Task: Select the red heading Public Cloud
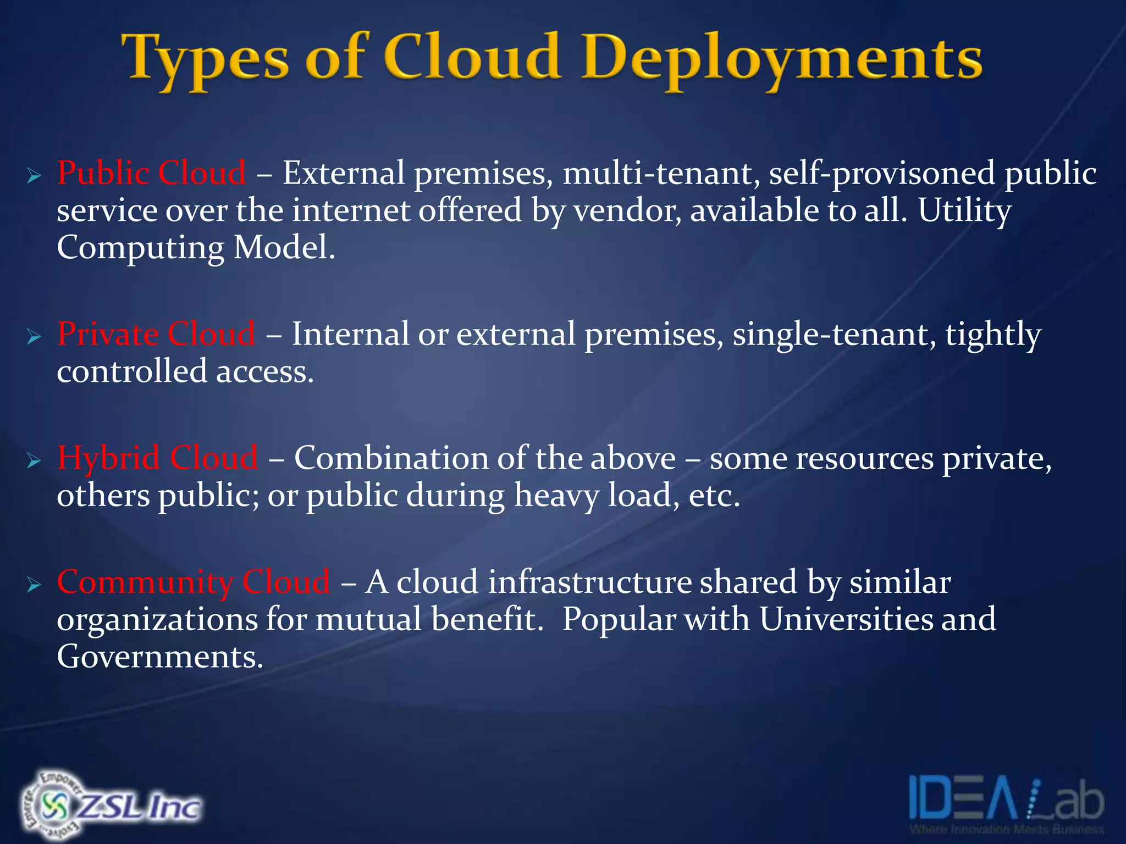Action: coord(152,173)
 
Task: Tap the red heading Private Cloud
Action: coord(156,334)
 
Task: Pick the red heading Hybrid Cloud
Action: coord(157,458)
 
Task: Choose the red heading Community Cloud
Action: coord(194,582)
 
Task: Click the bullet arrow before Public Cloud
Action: coord(34,176)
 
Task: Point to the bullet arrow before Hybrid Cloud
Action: coord(34,461)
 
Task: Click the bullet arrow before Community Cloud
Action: coord(34,585)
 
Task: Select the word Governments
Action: coord(159,657)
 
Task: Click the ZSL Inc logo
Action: coord(110,805)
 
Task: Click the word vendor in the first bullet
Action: coord(626,210)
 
